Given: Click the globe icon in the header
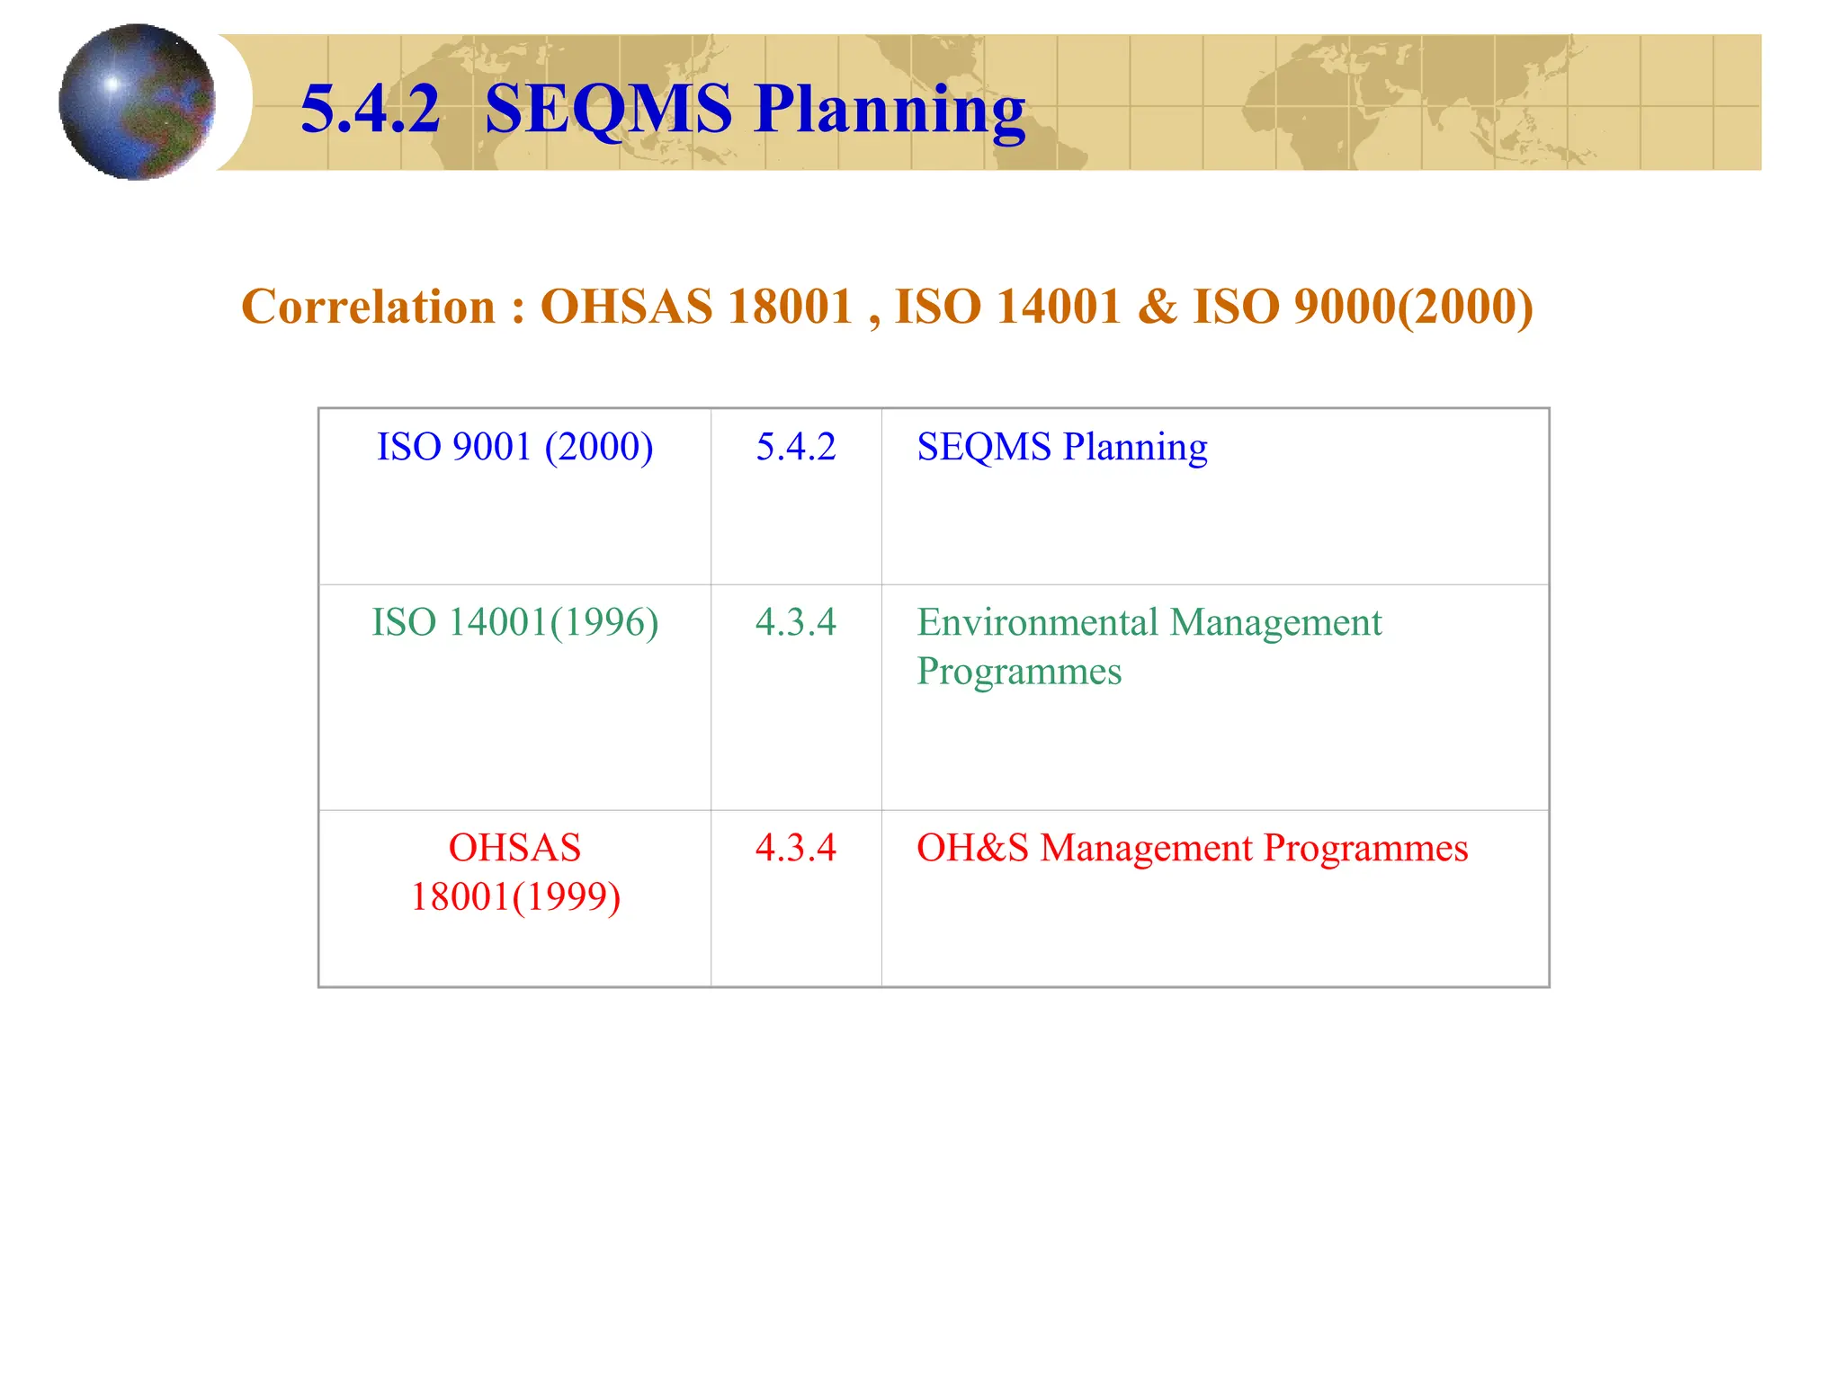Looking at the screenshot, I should coord(137,102).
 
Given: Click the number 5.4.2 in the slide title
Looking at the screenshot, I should coord(370,109).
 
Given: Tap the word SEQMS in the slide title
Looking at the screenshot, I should coord(608,109).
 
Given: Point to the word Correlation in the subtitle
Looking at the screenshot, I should coord(369,307).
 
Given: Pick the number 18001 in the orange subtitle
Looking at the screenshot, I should coord(790,307).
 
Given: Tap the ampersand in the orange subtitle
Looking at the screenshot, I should coord(1157,307).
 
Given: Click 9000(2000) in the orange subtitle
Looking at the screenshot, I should coord(1413,307).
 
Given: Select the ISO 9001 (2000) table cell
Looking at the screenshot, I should coord(514,447).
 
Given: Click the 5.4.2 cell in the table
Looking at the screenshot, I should coord(796,447).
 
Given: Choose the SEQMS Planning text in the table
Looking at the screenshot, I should coord(1061,447).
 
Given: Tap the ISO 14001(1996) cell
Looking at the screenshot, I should coord(514,622).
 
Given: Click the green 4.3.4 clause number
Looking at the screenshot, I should coord(796,622).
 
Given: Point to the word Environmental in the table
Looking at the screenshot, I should coord(1037,622).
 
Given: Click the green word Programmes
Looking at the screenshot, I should coord(1019,672).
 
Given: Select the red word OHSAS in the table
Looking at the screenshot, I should coord(514,848).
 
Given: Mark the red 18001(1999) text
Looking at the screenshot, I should coord(515,897).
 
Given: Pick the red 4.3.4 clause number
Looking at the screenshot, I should coord(796,848).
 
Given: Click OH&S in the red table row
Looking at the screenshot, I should coord(972,848).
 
